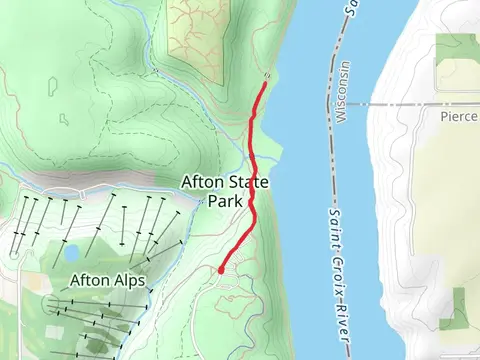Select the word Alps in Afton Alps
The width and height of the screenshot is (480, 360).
tap(126, 281)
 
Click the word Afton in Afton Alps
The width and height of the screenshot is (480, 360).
tap(89, 281)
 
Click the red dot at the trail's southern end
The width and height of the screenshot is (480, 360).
tap(221, 269)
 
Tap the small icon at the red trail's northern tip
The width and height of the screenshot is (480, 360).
tap(266, 78)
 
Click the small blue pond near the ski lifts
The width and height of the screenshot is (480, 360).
tap(72, 252)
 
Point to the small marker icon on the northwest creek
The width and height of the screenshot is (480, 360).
tap(155, 70)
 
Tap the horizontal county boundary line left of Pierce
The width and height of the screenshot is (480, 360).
tap(400, 102)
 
